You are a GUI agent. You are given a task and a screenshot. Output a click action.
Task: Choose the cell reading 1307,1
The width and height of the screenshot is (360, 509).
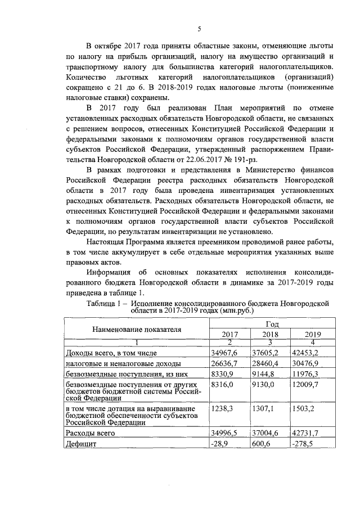coord(263,409)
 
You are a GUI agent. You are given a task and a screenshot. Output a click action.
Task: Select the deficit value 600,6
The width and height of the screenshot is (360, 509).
coord(261,444)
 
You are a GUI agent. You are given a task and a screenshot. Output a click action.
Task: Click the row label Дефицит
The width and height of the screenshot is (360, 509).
coord(82,444)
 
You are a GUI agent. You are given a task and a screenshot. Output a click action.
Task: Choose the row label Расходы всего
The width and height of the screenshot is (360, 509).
coord(91,433)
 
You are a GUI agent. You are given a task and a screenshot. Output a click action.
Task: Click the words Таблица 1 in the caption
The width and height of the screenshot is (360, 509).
coord(107,304)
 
